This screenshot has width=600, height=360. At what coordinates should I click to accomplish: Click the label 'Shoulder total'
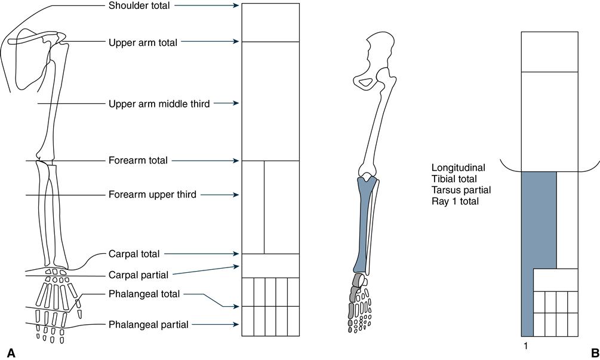[139, 6]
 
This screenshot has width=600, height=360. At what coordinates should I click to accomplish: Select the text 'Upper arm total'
[143, 42]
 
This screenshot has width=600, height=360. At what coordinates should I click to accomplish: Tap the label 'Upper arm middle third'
[159, 104]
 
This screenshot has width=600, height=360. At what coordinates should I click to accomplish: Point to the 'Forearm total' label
[138, 161]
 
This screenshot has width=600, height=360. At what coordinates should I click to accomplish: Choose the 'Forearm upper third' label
[152, 195]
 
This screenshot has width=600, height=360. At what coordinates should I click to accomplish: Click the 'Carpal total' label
[134, 254]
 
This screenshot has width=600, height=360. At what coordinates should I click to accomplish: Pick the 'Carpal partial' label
[138, 275]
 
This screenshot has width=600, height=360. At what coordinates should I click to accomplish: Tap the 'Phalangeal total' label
[144, 294]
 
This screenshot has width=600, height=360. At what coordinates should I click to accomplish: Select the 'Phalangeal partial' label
[148, 325]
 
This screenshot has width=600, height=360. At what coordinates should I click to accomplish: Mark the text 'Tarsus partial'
[460, 190]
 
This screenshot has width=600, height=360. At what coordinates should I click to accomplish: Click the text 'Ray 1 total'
[455, 201]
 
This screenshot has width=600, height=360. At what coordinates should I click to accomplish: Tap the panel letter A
[10, 352]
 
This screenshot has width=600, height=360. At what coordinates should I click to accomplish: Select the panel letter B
[593, 352]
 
